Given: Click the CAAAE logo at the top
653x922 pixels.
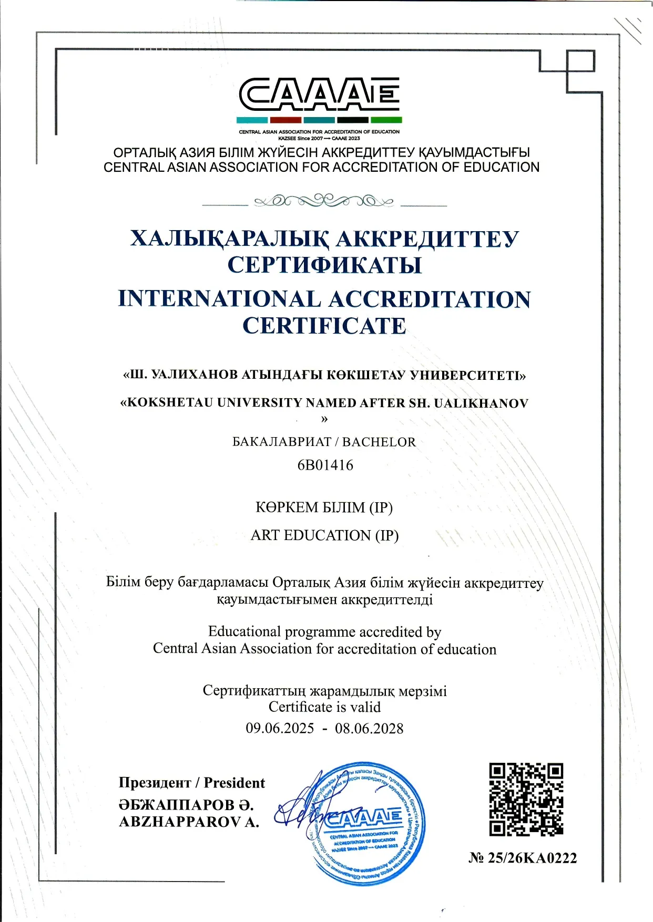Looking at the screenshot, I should click(320, 95).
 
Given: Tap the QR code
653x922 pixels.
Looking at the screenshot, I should click(526, 799).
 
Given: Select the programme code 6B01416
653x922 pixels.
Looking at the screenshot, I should click(325, 465).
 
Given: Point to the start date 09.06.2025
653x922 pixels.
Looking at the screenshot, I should click(280, 728).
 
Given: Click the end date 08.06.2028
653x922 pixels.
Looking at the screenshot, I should click(369, 728).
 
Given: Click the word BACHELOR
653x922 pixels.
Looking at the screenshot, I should click(379, 442).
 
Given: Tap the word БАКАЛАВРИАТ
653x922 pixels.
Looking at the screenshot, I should click(282, 442).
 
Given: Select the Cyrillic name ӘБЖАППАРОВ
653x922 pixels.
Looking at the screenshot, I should click(177, 804).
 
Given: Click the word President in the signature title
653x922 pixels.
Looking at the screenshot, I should click(234, 783).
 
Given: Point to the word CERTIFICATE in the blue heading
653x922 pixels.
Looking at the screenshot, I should click(324, 326).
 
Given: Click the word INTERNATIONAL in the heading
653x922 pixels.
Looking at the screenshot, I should click(219, 299).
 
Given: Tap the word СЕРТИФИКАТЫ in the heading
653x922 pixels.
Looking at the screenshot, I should click(324, 265).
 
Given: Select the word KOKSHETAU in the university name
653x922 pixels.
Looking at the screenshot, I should click(169, 403).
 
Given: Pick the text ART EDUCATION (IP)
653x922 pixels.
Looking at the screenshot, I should click(324, 535).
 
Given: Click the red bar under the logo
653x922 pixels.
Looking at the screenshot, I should click(285, 120).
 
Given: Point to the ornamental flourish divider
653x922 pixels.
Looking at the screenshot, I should click(324, 201).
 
